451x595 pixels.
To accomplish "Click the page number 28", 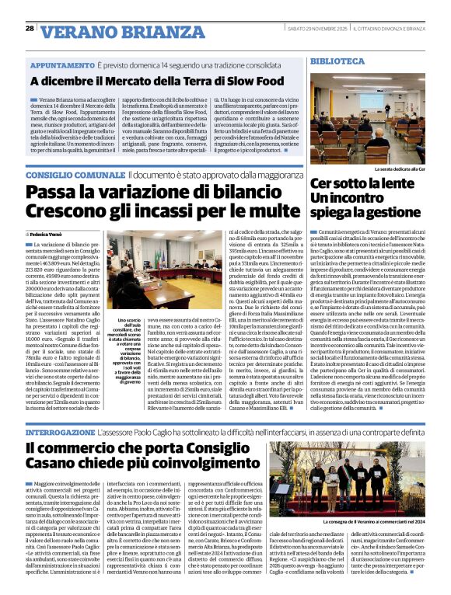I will coord(29,29).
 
